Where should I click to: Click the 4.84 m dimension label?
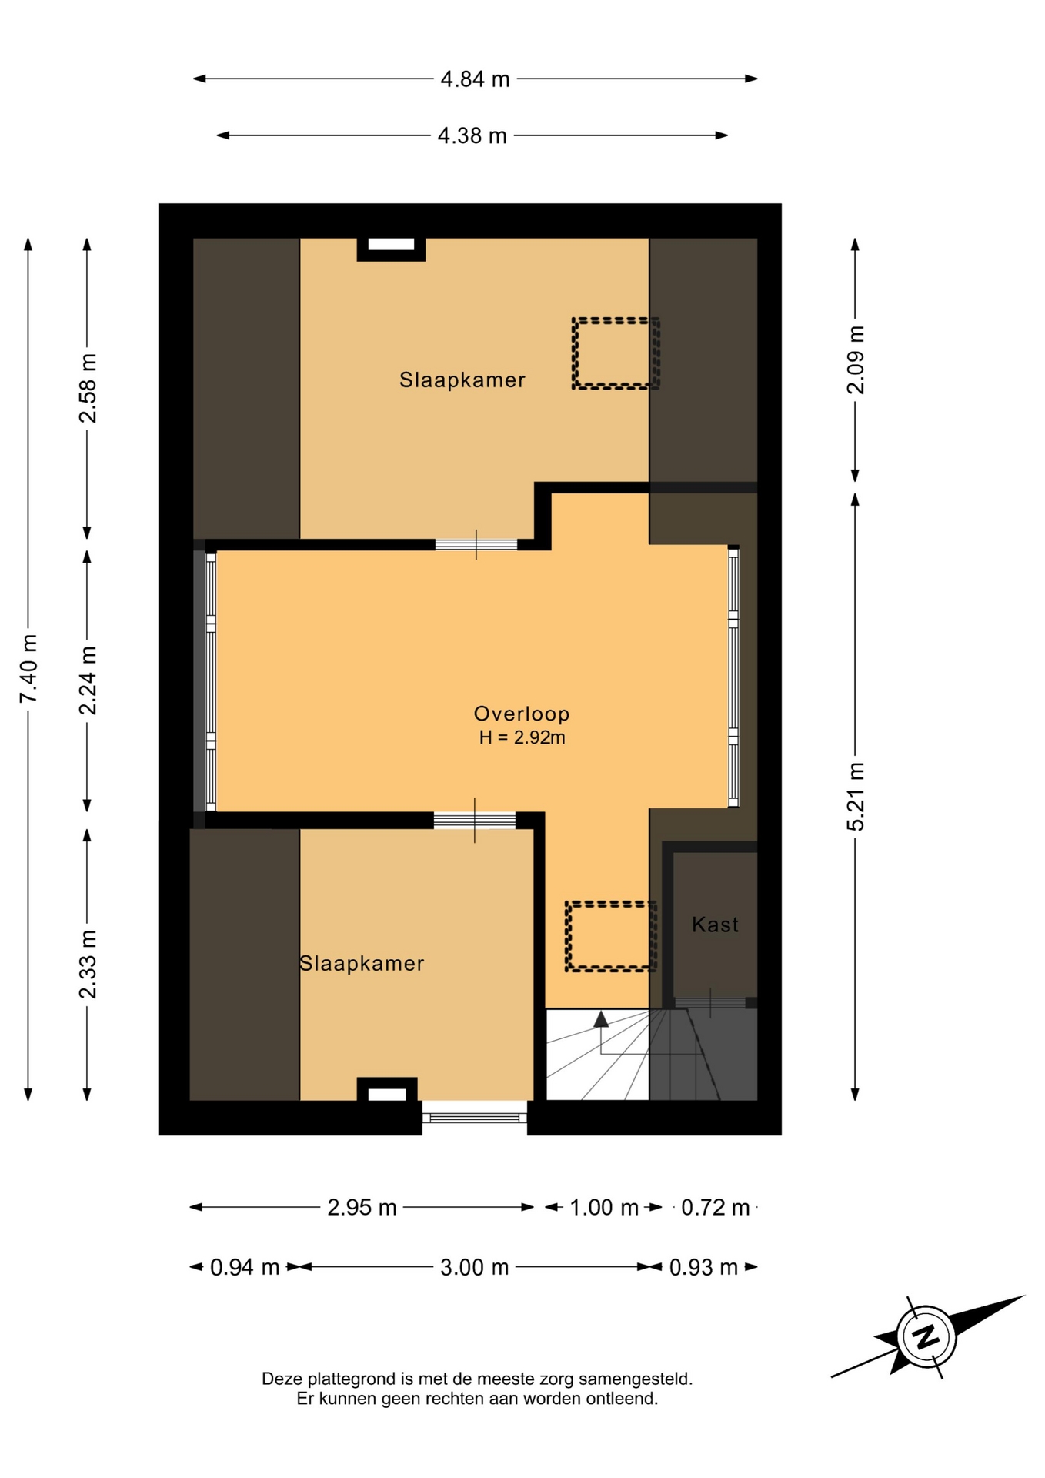(475, 79)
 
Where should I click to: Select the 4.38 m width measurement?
(472, 136)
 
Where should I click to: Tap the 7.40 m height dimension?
(28, 668)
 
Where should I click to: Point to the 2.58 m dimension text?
(88, 388)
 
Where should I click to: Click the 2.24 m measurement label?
(88, 680)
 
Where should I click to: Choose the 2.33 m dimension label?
(88, 964)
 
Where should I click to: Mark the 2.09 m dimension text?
(856, 359)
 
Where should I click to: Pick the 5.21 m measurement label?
(856, 797)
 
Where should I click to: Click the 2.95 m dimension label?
(362, 1208)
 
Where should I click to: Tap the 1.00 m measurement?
(604, 1208)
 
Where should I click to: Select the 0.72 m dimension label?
(716, 1208)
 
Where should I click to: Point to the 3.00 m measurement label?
(475, 1268)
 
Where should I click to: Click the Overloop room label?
(522, 714)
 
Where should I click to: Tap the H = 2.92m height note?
(522, 737)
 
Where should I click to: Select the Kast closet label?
(715, 925)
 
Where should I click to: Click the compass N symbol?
(926, 1336)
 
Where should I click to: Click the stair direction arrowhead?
(601, 1019)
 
